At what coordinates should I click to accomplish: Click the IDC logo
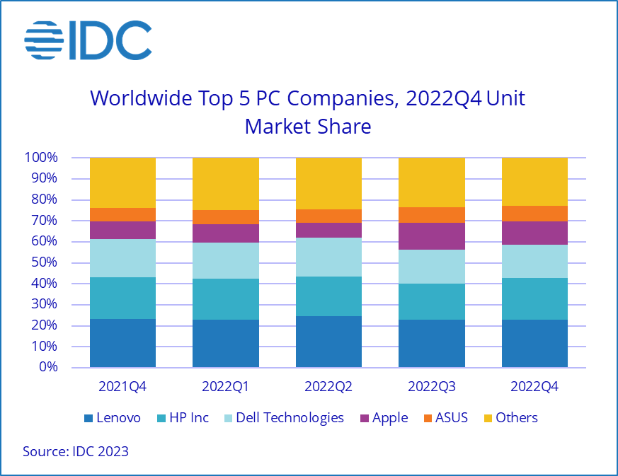[88, 40]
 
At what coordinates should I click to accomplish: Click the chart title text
[308, 112]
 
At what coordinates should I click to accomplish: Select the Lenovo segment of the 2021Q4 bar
[122, 343]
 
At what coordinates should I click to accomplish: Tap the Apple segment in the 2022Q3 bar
[432, 236]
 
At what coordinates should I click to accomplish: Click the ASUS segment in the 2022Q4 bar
[534, 214]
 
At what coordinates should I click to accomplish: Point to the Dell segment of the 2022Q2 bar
[328, 257]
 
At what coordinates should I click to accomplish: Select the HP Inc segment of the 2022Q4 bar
[534, 298]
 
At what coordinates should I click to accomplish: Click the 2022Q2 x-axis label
[328, 387]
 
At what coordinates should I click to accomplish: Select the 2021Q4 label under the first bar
[122, 387]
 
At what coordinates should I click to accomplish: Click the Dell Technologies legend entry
[283, 418]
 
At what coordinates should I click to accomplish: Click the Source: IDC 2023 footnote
[76, 451]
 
